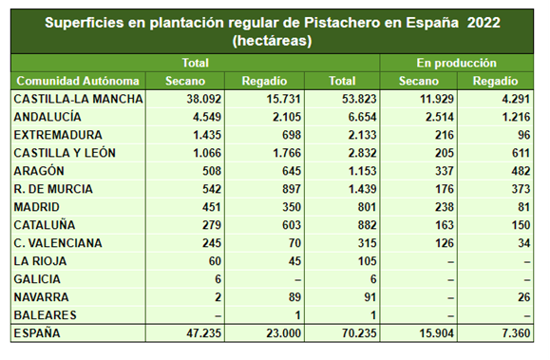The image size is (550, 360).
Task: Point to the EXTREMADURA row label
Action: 59,135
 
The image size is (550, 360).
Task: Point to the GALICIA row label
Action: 39,279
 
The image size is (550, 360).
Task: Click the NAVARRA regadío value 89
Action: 281,297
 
